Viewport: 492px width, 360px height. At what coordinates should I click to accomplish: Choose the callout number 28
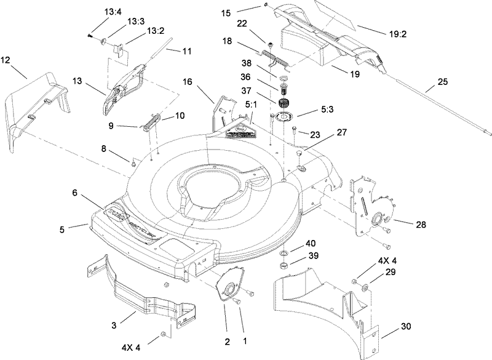(421, 225)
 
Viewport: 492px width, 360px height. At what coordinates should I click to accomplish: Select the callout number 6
(74, 193)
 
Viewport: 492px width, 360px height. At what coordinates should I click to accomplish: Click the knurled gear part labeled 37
(284, 103)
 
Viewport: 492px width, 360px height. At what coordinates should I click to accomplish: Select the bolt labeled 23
(295, 130)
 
